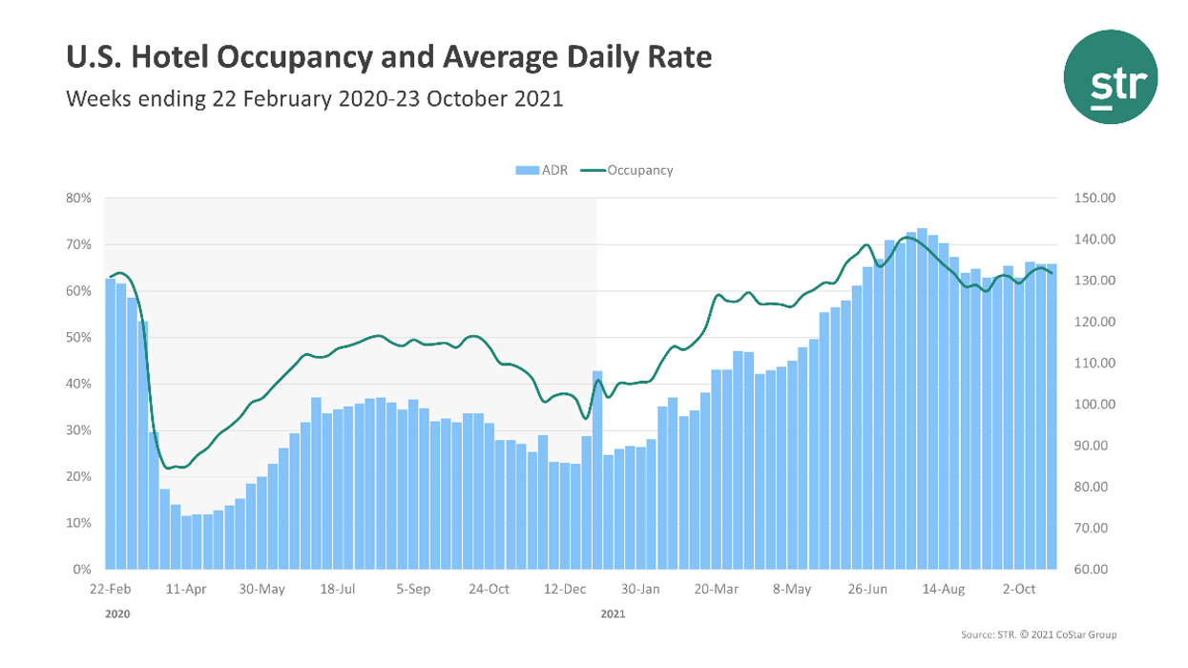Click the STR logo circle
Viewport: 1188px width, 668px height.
(x=1111, y=76)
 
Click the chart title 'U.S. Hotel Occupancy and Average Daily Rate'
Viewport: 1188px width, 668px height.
(x=388, y=57)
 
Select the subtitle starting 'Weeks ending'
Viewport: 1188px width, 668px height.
(x=314, y=98)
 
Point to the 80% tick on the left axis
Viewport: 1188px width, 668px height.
(x=78, y=198)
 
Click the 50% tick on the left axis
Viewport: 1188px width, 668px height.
(x=78, y=338)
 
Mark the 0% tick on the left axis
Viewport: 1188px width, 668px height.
(x=82, y=570)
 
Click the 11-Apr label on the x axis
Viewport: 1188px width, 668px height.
(x=186, y=589)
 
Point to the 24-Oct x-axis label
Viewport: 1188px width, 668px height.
(x=489, y=589)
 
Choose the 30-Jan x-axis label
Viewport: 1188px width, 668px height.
(x=640, y=589)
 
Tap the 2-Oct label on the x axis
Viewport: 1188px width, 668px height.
(x=1018, y=589)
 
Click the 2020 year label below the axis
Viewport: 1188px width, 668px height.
(x=116, y=615)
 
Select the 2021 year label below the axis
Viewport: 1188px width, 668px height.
(x=613, y=615)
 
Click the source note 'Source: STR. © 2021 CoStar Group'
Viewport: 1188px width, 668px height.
(x=1039, y=635)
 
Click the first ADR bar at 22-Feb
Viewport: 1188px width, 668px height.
(x=110, y=424)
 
